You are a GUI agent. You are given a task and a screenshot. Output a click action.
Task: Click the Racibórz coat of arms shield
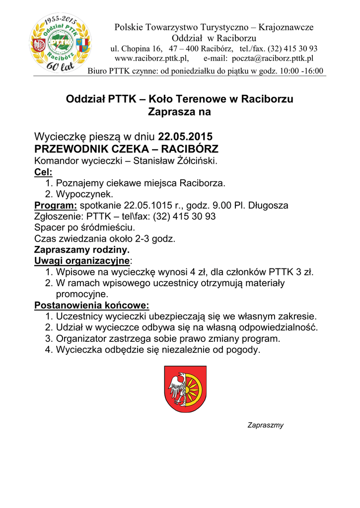click(x=185, y=389)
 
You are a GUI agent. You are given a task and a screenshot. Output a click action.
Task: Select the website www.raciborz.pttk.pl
click(x=150, y=59)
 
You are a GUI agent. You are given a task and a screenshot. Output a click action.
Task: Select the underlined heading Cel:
click(x=43, y=172)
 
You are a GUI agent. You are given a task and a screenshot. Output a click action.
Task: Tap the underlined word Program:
click(x=56, y=205)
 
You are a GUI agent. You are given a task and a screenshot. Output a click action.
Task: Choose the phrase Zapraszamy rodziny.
click(x=82, y=250)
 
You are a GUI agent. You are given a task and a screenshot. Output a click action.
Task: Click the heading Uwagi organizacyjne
click(x=81, y=260)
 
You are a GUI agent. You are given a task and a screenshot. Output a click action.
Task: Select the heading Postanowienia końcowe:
click(x=92, y=305)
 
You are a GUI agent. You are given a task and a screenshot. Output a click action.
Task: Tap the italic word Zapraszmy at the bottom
click(x=265, y=425)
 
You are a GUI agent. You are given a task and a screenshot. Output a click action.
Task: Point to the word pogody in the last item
click(x=243, y=350)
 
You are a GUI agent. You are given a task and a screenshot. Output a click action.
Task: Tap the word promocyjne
click(x=82, y=294)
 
